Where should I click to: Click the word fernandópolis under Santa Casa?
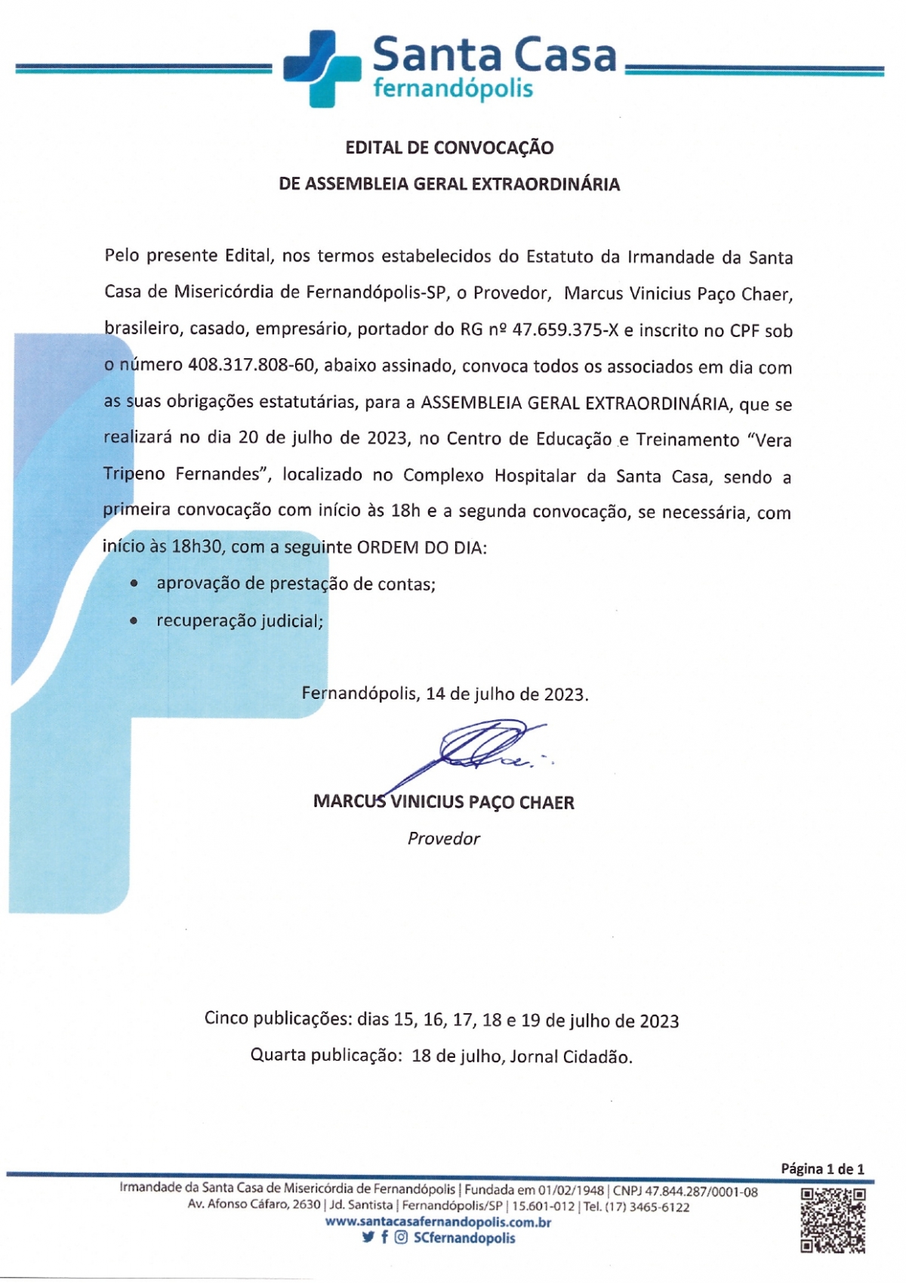click(x=453, y=89)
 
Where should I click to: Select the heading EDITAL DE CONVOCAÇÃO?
click(x=449, y=147)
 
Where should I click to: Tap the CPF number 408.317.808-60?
click(x=251, y=366)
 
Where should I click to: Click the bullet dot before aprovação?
click(x=134, y=583)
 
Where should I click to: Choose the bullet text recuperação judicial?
click(x=239, y=620)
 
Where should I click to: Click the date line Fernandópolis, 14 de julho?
click(x=445, y=694)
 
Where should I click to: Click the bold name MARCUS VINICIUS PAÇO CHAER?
click(x=444, y=802)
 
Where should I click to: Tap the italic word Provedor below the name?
click(x=444, y=838)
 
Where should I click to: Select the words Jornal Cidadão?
click(x=571, y=1056)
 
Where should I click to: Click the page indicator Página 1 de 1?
click(x=822, y=1169)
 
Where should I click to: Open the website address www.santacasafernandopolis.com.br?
click(x=438, y=1222)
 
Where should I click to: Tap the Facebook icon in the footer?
click(x=385, y=1238)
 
